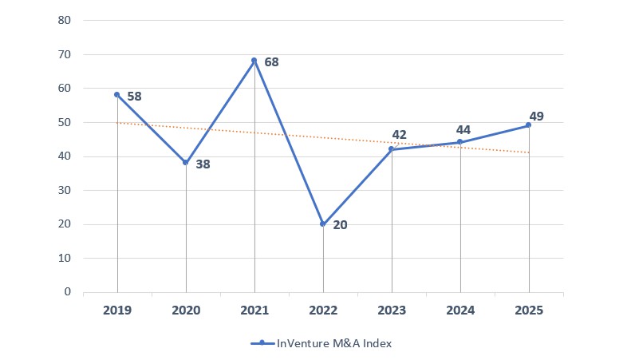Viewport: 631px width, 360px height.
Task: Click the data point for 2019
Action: click(117, 94)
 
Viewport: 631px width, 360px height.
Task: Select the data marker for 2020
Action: click(186, 162)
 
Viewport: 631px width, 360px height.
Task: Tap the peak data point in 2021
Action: click(254, 61)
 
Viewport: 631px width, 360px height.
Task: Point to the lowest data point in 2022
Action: click(323, 224)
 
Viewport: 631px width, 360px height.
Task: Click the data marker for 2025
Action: click(528, 125)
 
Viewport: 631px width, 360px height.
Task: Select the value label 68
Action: click(271, 62)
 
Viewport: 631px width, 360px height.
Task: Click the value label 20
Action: click(340, 225)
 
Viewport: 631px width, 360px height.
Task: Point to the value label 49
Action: click(536, 117)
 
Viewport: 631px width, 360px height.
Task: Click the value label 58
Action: click(134, 96)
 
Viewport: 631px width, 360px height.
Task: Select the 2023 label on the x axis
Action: click(392, 311)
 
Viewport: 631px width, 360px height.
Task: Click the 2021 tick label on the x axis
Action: click(254, 311)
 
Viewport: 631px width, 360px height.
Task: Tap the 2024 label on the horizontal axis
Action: click(460, 311)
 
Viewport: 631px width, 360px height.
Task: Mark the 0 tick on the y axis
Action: click(69, 292)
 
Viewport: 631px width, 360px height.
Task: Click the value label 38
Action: click(203, 164)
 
